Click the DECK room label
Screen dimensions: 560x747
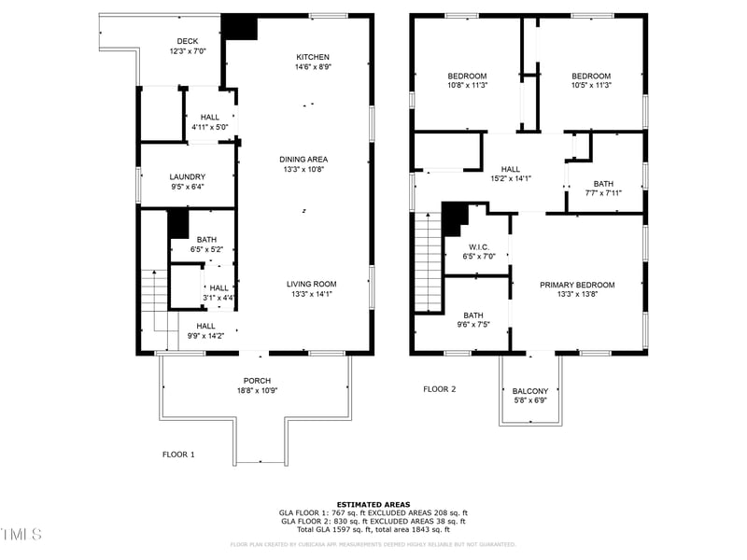coord(188,41)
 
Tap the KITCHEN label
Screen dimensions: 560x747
coord(313,57)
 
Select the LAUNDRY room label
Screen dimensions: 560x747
coord(187,177)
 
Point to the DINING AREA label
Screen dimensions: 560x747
coord(303,160)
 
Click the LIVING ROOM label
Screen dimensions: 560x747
coord(311,284)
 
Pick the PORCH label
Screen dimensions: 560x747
coord(257,381)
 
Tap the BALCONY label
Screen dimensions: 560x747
coord(530,391)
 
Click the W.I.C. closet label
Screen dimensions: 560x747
coord(476,246)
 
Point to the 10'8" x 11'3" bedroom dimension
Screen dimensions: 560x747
coord(467,86)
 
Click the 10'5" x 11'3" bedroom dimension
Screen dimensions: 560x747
coord(591,86)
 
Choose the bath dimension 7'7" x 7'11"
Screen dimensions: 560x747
coord(603,193)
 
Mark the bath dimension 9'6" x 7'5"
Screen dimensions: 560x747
coord(473,325)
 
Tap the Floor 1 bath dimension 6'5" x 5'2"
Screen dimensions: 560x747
coord(205,249)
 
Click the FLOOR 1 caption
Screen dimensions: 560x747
coord(178,455)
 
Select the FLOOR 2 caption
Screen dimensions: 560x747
coord(439,389)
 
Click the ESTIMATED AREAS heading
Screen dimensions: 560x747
coord(373,504)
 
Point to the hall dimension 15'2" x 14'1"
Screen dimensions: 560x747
coord(510,178)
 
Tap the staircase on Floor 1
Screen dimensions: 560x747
coord(153,291)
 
